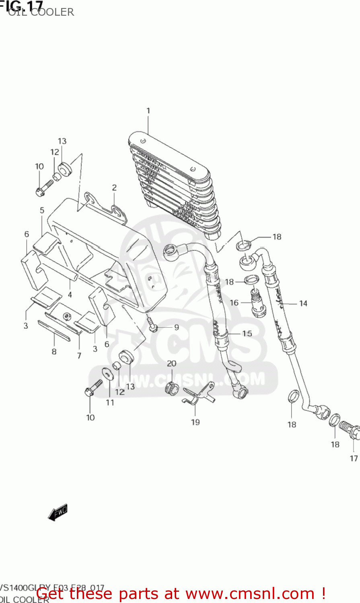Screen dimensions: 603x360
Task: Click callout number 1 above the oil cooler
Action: point(148,111)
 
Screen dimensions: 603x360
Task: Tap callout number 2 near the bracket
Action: point(114,187)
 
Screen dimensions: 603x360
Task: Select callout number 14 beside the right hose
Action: point(303,304)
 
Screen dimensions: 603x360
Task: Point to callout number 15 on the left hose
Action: point(247,333)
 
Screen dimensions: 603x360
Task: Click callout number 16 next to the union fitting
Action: point(234,303)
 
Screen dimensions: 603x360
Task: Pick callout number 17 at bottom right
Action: point(354,458)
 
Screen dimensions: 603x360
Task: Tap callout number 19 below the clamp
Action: point(195,422)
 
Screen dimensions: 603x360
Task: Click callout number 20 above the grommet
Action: point(171,363)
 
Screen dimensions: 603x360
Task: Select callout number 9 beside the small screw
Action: point(176,327)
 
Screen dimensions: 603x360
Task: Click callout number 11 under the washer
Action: point(110,402)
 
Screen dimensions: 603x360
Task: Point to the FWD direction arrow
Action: point(58,513)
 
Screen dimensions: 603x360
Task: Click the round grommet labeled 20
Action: point(171,388)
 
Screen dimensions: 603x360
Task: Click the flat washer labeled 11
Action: point(108,373)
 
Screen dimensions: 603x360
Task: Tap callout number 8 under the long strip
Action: point(54,352)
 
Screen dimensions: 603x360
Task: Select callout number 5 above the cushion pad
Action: point(42,210)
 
